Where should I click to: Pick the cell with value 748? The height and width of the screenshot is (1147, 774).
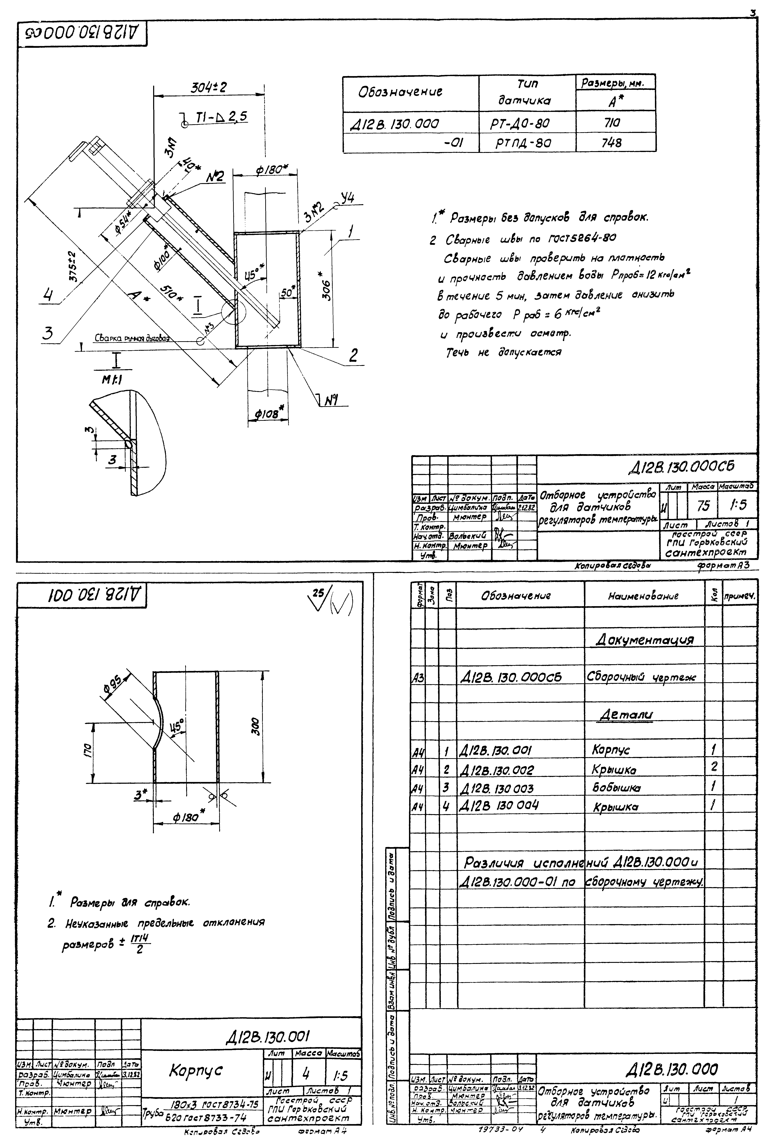coord(612,143)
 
